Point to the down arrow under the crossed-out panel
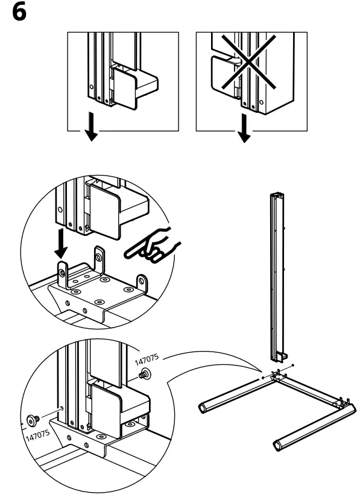click(x=245, y=131)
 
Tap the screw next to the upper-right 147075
click(x=145, y=375)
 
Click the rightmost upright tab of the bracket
click(x=142, y=283)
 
